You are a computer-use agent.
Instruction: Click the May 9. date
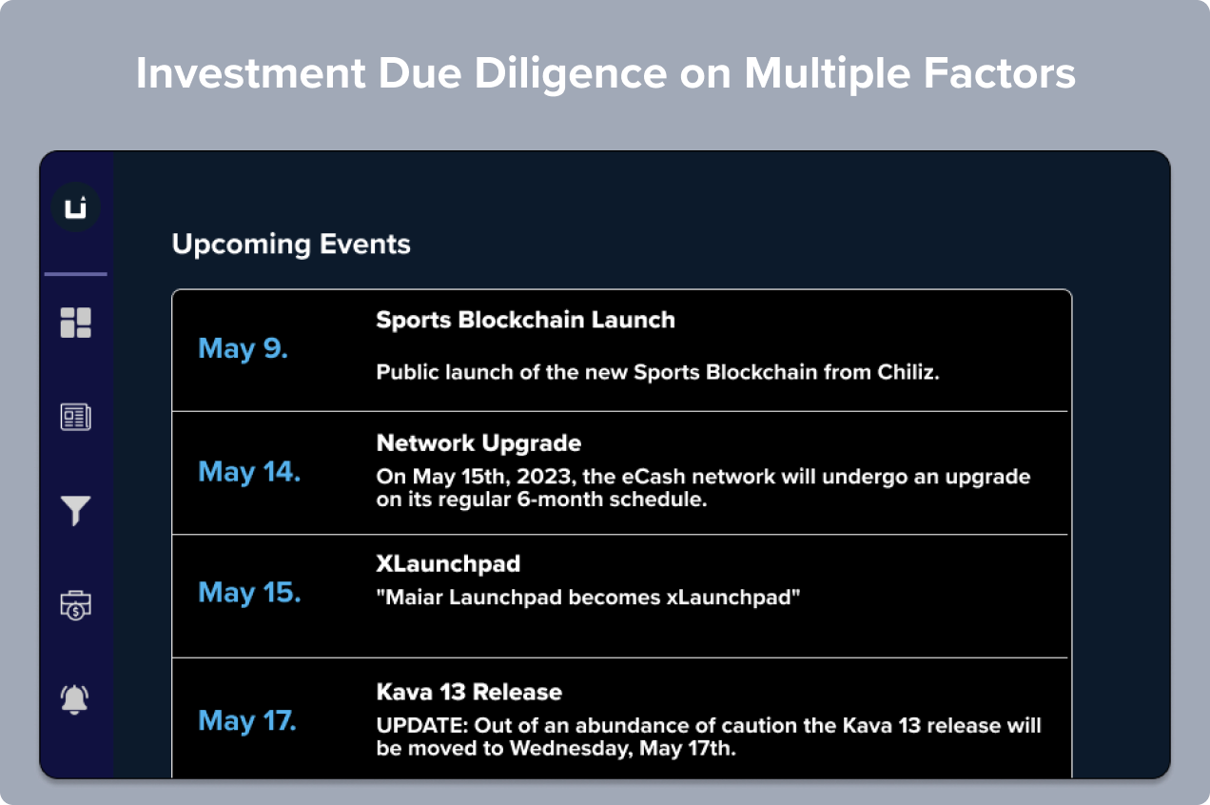[244, 349]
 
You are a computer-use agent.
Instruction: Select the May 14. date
[249, 473]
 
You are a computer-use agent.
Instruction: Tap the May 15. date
[249, 593]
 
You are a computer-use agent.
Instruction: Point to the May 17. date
[247, 721]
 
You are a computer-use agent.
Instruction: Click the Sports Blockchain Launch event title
[526, 320]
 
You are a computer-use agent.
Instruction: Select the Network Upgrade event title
[478, 443]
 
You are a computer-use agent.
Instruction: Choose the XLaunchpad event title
[448, 563]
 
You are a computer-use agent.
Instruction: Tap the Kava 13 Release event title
[469, 692]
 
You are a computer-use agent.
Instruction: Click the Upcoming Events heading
[291, 245]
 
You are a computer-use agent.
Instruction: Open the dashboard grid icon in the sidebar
[76, 323]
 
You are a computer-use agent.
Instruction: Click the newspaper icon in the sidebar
[76, 417]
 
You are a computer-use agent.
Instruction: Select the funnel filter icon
[76, 511]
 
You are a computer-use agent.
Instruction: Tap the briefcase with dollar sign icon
[76, 605]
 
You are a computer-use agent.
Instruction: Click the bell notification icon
[74, 700]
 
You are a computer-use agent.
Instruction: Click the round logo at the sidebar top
[76, 207]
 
